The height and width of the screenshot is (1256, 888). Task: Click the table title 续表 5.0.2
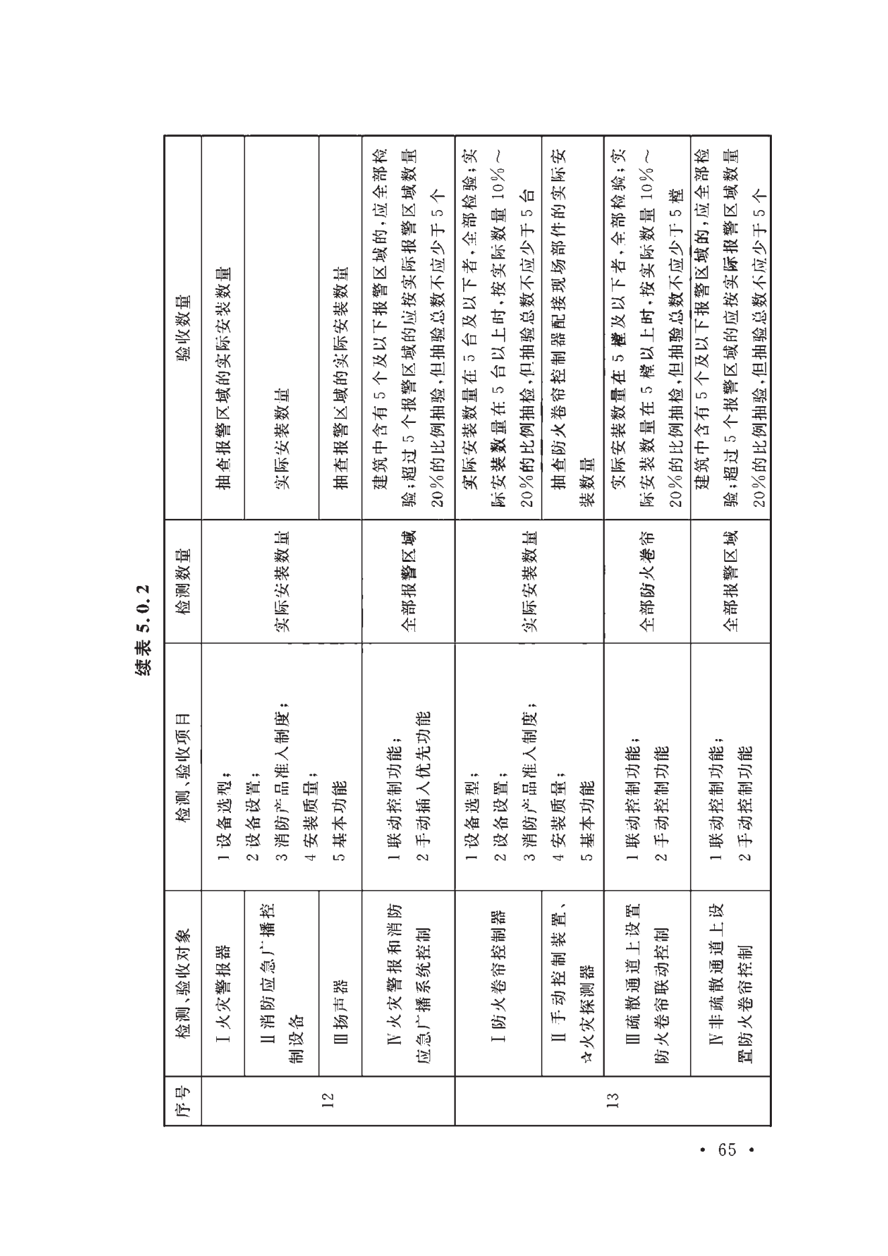[x=144, y=629]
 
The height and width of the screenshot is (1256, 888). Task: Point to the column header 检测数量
[x=183, y=581]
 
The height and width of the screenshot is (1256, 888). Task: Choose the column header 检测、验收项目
[x=183, y=765]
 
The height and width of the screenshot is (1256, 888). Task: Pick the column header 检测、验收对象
[x=183, y=987]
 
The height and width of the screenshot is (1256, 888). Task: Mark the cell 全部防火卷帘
[x=647, y=581]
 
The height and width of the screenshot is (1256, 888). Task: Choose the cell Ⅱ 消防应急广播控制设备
[x=282, y=987]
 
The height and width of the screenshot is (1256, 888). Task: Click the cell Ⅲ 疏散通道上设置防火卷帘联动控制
[x=647, y=987]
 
